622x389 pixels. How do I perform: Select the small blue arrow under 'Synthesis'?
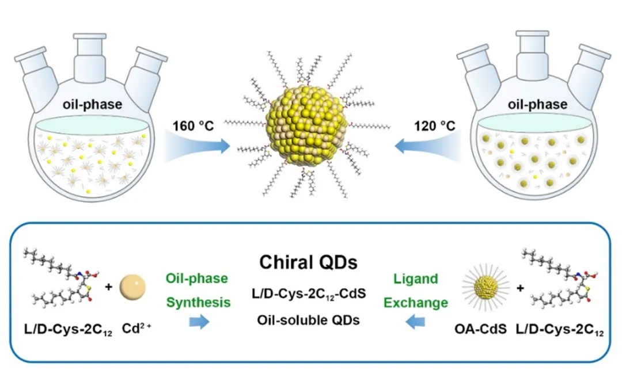pyautogui.click(x=199, y=323)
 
